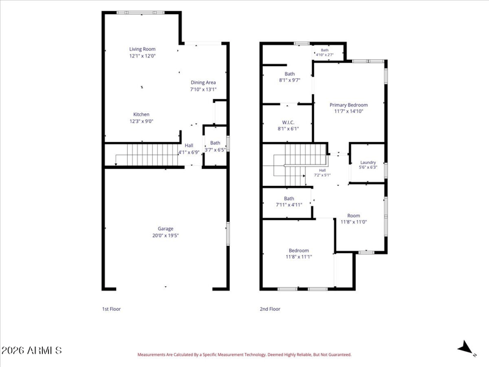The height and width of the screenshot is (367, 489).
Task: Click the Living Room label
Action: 142,49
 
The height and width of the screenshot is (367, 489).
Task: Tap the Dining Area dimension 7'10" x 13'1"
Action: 204,89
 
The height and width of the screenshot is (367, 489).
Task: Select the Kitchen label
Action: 141,114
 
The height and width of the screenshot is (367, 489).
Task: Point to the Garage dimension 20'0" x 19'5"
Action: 165,235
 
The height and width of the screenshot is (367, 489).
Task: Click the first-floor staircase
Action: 147,155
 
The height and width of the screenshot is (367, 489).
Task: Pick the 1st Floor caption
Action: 111,309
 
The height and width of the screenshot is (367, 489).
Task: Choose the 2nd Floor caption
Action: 270,309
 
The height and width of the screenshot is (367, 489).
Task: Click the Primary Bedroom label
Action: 348,105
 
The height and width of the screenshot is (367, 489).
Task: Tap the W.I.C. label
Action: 288,122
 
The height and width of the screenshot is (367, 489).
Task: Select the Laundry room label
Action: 368,162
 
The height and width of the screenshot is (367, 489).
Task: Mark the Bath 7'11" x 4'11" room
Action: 287,203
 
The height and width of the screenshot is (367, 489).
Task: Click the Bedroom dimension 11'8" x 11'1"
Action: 299,257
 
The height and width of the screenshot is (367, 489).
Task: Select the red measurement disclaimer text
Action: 244,355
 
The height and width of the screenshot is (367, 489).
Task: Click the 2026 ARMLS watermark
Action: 32,350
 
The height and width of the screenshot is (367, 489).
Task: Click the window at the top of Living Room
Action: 141,13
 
